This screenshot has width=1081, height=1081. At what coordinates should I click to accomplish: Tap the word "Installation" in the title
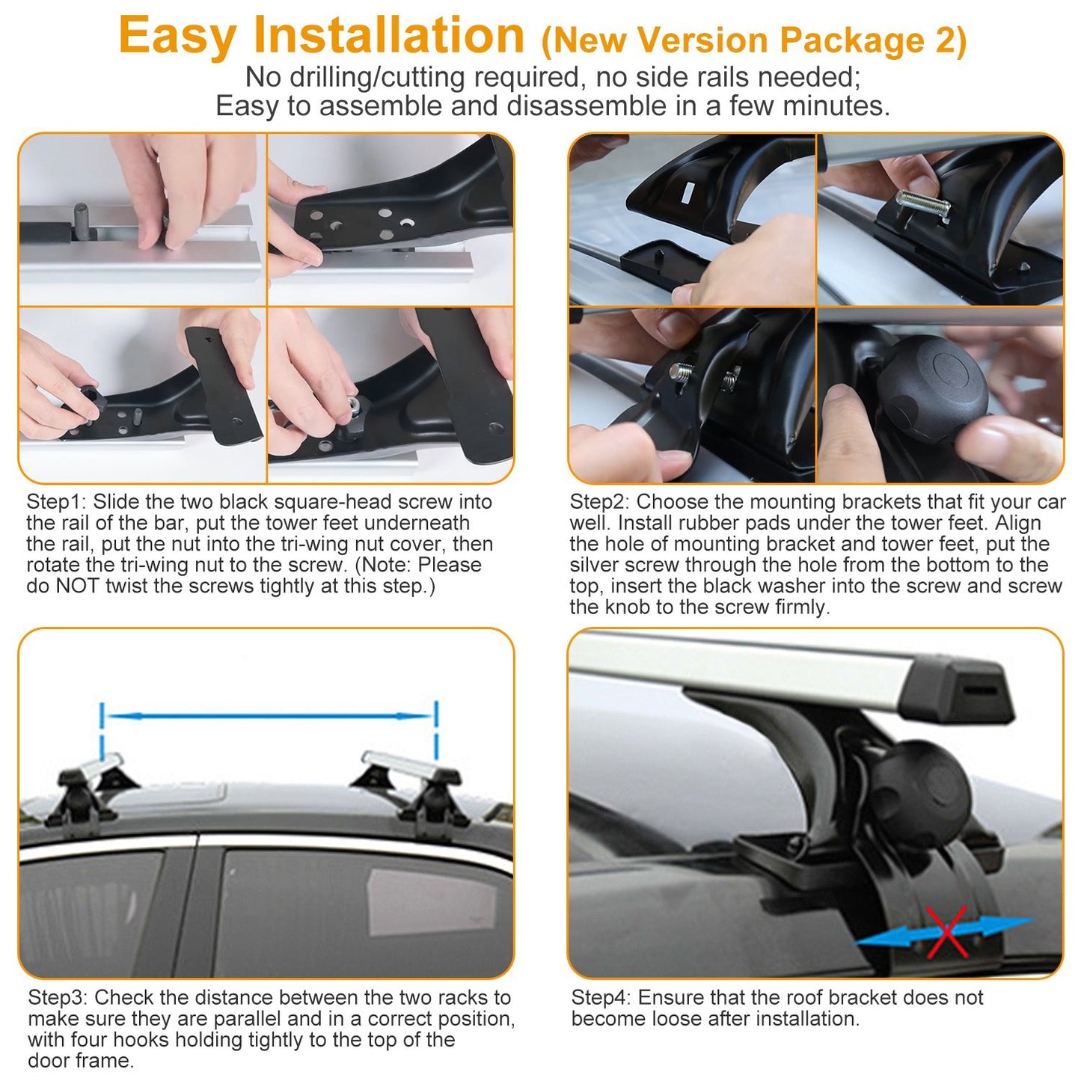point(389,35)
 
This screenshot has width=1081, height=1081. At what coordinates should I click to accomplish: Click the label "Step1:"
point(56,502)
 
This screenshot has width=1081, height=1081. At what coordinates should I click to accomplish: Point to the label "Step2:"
point(599,502)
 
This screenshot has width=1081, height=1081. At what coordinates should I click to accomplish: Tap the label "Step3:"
point(58,998)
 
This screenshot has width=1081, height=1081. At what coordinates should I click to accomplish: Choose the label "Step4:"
point(601,998)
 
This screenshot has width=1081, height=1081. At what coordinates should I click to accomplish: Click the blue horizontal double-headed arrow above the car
point(269,717)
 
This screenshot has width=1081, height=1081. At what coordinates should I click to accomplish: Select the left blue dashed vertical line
point(102,729)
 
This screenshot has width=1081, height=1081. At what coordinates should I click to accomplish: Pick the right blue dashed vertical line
point(436,729)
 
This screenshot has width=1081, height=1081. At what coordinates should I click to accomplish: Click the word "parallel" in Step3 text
point(247,1019)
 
